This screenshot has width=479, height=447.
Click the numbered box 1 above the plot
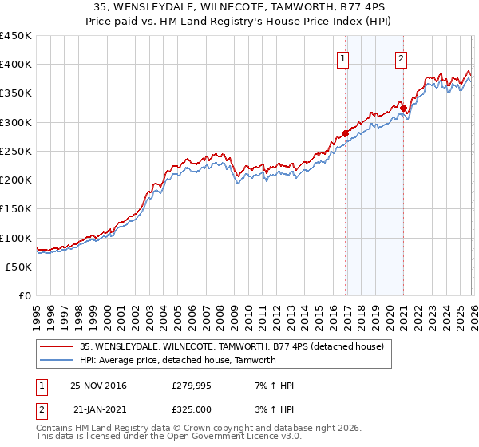[x=342, y=57]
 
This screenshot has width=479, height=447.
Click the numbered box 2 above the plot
[x=400, y=57]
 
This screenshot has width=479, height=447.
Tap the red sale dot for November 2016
[x=345, y=133]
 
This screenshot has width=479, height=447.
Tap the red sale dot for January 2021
[x=404, y=108]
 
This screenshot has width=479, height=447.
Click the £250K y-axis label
[x=16, y=152]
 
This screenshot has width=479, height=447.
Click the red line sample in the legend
[x=57, y=346]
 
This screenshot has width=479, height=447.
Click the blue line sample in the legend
[x=57, y=360]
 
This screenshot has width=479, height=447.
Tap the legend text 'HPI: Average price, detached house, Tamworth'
[x=177, y=360]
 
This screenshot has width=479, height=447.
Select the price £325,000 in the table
[x=192, y=409]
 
